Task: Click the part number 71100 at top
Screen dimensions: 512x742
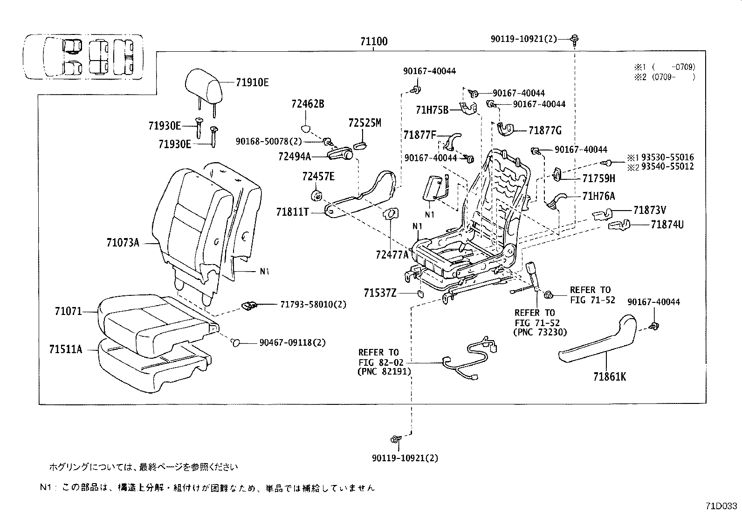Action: (x=373, y=41)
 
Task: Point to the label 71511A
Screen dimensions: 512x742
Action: (x=66, y=348)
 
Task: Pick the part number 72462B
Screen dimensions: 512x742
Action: (x=308, y=104)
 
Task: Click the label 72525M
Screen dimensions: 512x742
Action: (x=364, y=123)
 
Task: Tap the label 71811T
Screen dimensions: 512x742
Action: (x=293, y=212)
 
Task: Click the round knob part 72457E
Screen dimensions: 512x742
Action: (x=317, y=194)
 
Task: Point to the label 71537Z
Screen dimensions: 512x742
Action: (x=380, y=293)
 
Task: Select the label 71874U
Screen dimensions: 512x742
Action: (x=667, y=225)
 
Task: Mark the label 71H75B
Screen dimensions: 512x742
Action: (x=432, y=110)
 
